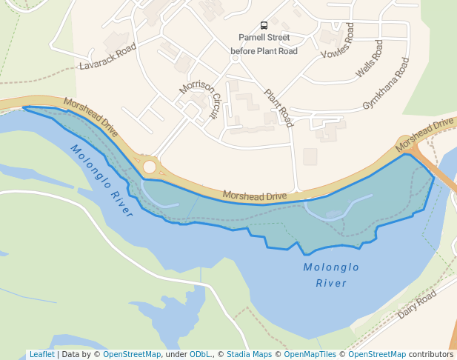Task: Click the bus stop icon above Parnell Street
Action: point(264,25)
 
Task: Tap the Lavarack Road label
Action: point(108,56)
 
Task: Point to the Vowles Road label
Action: point(338,41)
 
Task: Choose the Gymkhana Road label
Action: point(386,85)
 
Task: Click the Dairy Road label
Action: point(416,304)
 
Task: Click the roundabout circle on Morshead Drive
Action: point(150,167)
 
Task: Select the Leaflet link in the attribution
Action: point(41,354)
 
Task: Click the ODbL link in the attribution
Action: point(200,354)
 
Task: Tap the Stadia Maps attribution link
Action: point(249,354)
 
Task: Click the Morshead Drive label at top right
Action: point(424,131)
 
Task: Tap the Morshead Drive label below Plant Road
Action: point(255,196)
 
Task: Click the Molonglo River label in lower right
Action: point(332,275)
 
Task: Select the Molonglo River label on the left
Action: point(102,180)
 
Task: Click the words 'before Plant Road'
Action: point(264,51)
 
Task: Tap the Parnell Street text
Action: point(264,37)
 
